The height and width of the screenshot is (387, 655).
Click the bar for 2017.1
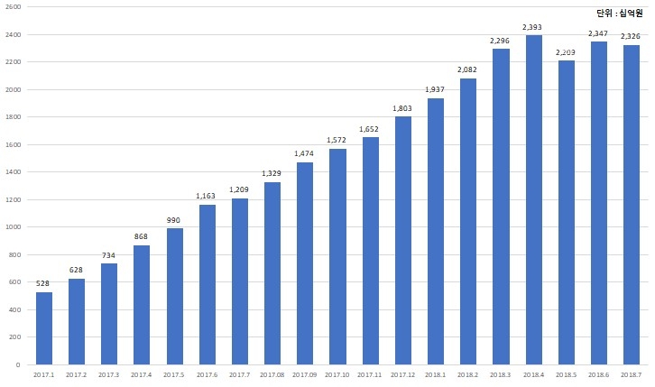click(x=43, y=328)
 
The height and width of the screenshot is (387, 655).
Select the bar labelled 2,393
click(x=533, y=200)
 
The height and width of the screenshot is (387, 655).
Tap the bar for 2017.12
click(x=402, y=241)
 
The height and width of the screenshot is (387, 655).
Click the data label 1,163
click(x=207, y=196)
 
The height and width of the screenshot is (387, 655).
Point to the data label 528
click(x=43, y=283)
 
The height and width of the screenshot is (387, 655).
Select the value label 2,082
click(x=467, y=69)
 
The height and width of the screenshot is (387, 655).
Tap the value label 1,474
click(x=304, y=153)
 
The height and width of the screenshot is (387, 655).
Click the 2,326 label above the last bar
click(x=631, y=36)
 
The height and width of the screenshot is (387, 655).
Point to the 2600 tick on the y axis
click(x=14, y=7)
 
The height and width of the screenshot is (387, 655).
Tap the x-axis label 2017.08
click(x=272, y=373)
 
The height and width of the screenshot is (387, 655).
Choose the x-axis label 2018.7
click(x=631, y=373)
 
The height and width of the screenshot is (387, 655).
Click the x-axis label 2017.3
click(x=108, y=373)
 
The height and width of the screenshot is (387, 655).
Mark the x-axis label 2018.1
click(x=435, y=373)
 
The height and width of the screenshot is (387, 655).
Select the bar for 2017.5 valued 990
click(x=174, y=297)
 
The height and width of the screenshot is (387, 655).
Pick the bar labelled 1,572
click(x=337, y=257)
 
